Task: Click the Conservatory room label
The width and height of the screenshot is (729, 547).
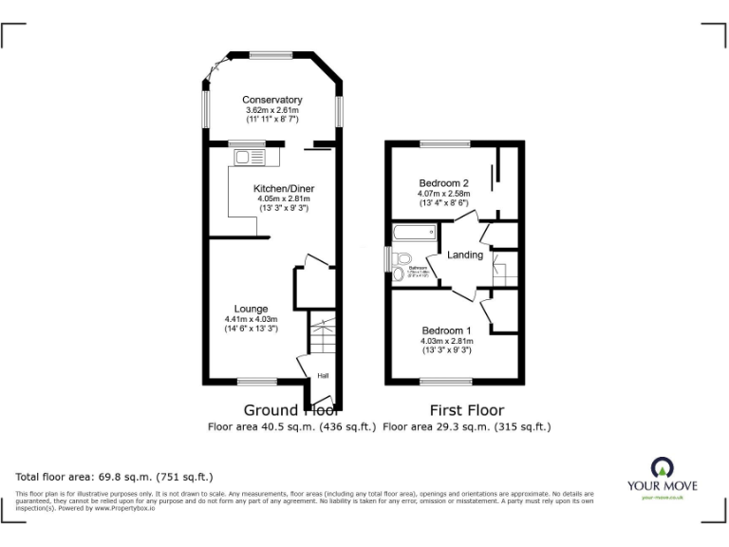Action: [x=271, y=100]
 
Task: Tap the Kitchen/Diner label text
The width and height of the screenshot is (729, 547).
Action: [x=283, y=189]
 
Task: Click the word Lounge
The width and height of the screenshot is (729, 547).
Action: [x=251, y=309]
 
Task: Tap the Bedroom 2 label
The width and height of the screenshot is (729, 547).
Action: [x=444, y=183]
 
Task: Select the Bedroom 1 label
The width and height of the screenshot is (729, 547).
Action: [x=446, y=330]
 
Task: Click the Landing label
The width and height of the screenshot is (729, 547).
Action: [x=465, y=255]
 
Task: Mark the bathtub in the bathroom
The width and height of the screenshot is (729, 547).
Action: [x=414, y=231]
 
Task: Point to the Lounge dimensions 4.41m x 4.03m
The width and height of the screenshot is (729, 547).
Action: [x=251, y=319]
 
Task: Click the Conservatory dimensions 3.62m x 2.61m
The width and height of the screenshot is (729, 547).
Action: [x=271, y=110]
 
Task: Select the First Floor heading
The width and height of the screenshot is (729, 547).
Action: [x=466, y=410]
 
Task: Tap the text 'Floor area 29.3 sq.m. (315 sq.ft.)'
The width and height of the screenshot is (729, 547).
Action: [x=466, y=427]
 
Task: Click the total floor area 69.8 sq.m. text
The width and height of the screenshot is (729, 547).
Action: [x=114, y=476]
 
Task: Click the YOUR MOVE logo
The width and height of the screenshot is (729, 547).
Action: [x=661, y=476]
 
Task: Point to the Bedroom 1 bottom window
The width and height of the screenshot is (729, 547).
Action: [x=445, y=382]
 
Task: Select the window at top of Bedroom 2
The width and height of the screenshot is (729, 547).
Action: [x=445, y=143]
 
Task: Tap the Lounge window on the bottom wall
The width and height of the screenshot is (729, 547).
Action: [x=256, y=382]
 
